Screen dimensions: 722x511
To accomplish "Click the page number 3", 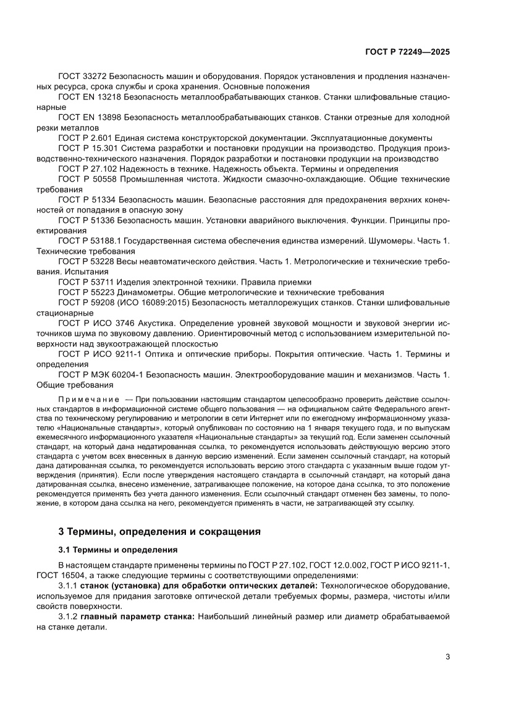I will [447, 657].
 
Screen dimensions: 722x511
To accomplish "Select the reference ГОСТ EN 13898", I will [90, 117].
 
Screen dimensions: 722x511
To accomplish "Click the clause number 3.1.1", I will [68, 585].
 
